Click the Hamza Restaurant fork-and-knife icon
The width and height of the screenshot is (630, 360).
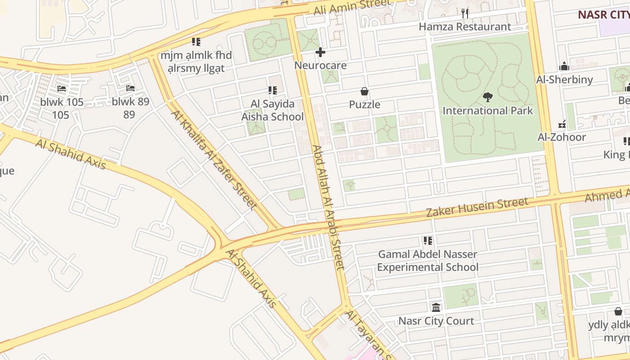tap(465, 13)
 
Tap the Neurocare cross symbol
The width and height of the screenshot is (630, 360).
tap(320, 53)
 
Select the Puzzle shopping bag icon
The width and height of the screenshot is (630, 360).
tap(364, 92)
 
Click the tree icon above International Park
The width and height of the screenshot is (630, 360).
tap(487, 97)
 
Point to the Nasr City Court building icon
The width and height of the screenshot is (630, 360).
tap(436, 308)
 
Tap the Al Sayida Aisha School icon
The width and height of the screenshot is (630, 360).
tap(272, 91)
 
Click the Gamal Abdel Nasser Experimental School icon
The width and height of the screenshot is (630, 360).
tap(427, 241)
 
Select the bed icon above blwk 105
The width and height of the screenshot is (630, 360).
tap(62, 89)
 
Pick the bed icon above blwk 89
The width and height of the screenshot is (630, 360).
tap(130, 88)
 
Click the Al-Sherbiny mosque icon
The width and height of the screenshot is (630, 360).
tap(564, 67)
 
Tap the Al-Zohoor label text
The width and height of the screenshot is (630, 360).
tap(562, 137)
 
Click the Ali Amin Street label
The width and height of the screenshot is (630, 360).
tap(352, 6)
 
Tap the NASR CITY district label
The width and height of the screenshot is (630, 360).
tap(603, 14)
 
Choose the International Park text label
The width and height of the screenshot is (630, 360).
tap(487, 111)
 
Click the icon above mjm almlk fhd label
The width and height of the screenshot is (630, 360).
tap(196, 42)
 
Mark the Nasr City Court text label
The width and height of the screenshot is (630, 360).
tap(436, 321)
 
